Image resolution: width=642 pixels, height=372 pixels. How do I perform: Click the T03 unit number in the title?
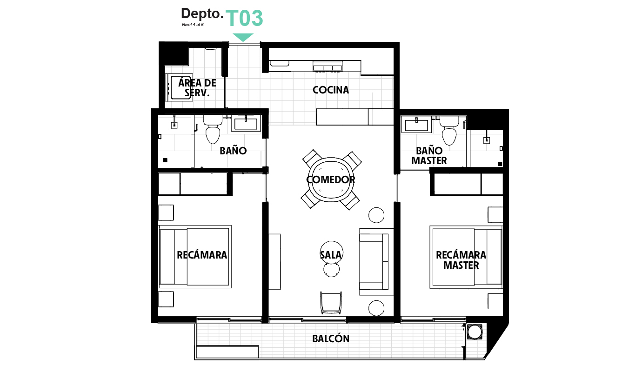245,19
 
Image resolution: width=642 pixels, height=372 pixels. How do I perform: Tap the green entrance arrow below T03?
243,37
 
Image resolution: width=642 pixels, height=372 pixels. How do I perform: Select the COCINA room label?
331,90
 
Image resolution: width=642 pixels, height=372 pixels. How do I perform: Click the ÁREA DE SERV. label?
197,88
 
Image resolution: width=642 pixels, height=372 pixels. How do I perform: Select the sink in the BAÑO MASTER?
416,125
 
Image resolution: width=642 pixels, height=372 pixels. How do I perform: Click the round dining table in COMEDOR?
331,179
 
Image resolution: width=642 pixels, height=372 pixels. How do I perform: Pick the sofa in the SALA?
374,262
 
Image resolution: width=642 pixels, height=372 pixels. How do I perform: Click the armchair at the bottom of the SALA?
331,302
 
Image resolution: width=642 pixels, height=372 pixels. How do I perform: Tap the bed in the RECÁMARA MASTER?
467,257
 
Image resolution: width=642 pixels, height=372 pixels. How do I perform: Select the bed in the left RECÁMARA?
195,257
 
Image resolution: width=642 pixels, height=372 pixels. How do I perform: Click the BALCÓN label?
331,339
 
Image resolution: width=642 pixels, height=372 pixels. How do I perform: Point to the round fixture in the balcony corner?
475,332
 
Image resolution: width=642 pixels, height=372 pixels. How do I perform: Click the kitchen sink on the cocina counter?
328,67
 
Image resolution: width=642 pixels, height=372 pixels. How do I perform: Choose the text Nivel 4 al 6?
193,25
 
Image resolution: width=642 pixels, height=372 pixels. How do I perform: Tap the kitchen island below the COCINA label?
355,117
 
